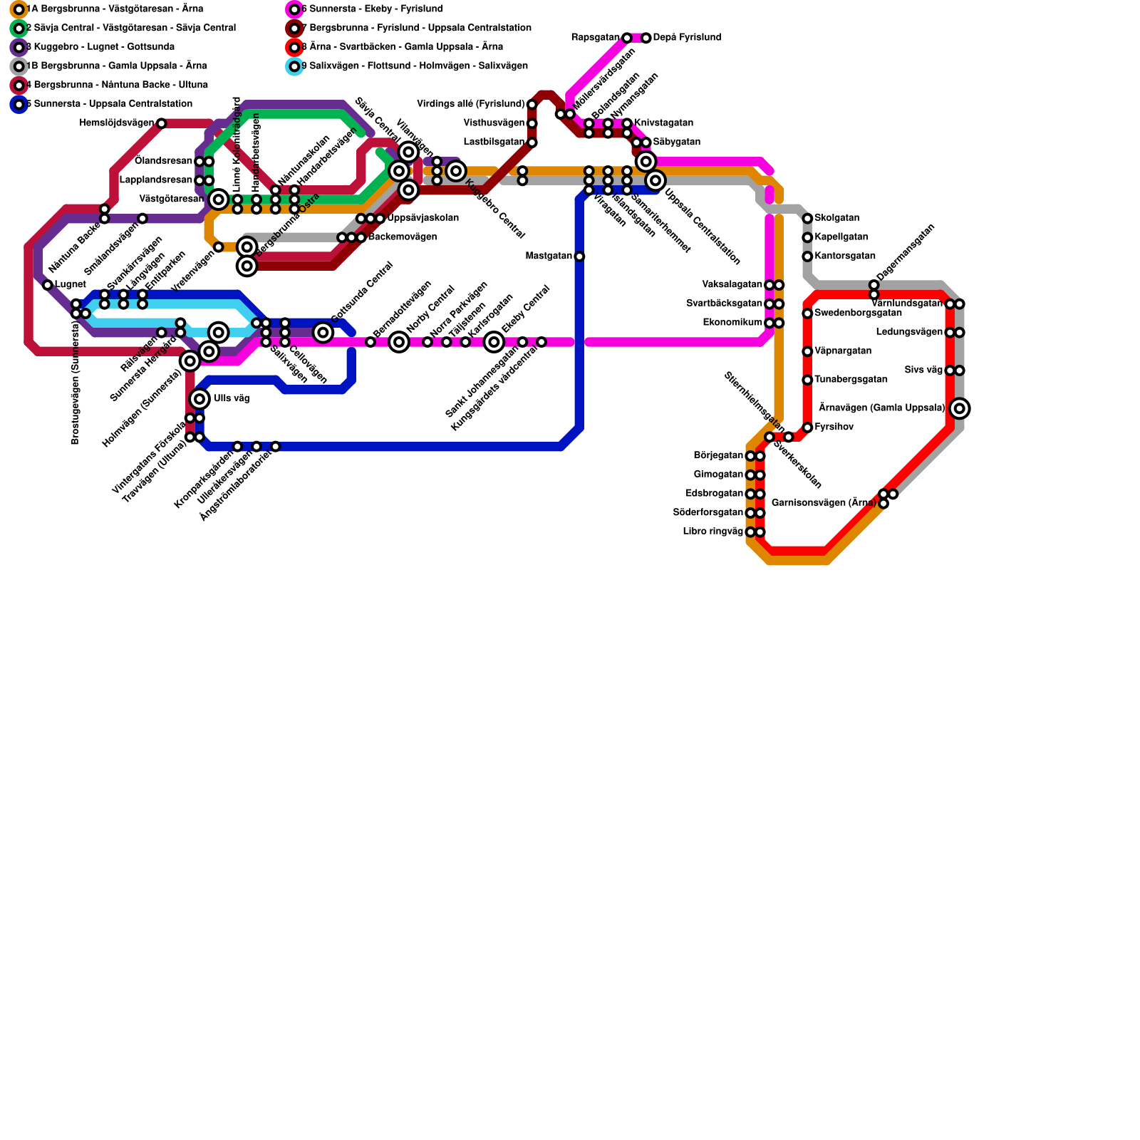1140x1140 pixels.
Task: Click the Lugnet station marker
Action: click(48, 285)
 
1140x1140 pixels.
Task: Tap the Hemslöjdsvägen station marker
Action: click(161, 123)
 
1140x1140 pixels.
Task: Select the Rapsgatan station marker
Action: click(626, 38)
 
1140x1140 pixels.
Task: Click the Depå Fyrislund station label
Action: click(687, 38)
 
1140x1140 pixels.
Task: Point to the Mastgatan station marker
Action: click(579, 256)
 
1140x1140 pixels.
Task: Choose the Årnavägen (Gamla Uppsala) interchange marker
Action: click(960, 408)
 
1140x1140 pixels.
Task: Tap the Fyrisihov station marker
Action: click(807, 427)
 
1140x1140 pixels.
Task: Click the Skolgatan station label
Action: click(836, 218)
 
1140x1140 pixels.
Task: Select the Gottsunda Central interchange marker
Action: click(323, 332)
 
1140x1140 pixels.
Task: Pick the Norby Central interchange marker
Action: click(399, 342)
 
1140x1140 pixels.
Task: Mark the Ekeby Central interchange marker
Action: click(494, 342)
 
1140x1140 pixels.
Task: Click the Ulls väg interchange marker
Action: click(199, 398)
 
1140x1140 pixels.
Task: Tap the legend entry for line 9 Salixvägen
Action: click(414, 66)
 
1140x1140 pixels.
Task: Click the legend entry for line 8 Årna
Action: click(402, 47)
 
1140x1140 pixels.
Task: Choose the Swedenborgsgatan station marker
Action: click(807, 313)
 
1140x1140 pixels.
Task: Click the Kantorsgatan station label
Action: click(844, 256)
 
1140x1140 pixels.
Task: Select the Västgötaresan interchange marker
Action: click(219, 199)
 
